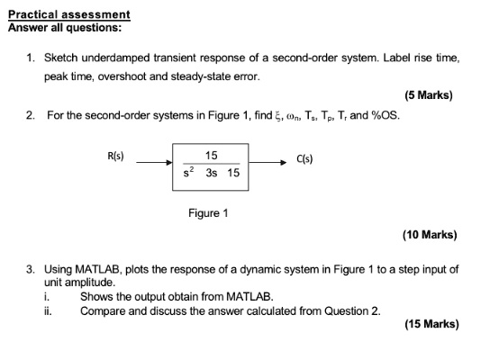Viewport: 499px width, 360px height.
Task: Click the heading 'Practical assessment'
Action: click(69, 14)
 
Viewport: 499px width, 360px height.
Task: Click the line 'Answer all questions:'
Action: click(65, 28)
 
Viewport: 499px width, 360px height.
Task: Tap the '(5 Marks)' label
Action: click(429, 95)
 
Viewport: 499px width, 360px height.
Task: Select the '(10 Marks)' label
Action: click(430, 235)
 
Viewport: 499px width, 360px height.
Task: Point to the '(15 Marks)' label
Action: click(431, 324)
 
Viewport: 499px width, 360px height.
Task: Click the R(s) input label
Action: click(115, 156)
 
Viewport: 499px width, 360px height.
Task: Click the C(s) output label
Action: click(304, 158)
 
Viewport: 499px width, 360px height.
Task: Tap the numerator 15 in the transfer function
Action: click(212, 155)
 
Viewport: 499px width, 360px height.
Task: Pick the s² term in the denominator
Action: click(188, 172)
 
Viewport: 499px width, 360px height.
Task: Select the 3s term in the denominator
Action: click(212, 173)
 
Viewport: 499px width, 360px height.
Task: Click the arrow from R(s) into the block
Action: click(154, 163)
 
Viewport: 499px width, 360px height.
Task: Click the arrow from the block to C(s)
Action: click(268, 163)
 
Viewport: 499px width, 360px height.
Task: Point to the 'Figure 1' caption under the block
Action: click(208, 213)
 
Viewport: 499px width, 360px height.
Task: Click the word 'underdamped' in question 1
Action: click(116, 58)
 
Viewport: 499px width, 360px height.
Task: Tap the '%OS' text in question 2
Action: click(384, 115)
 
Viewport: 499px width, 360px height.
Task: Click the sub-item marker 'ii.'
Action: click(48, 310)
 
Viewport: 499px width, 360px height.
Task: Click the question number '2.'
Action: click(31, 115)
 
